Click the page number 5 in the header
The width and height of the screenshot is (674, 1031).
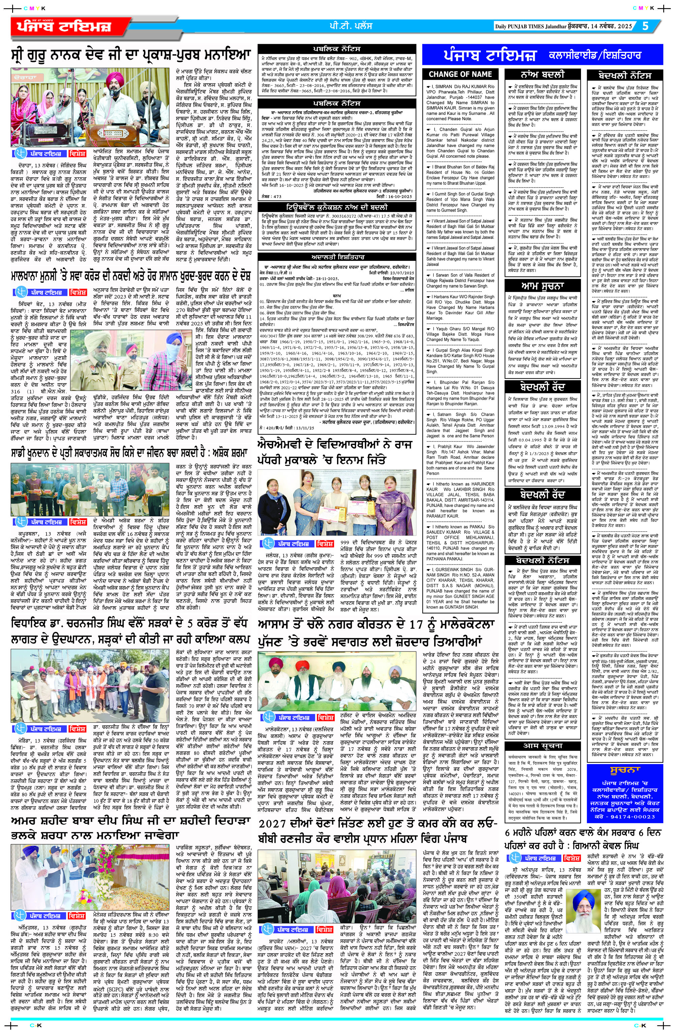(645, 26)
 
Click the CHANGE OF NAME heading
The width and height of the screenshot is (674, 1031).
(460, 74)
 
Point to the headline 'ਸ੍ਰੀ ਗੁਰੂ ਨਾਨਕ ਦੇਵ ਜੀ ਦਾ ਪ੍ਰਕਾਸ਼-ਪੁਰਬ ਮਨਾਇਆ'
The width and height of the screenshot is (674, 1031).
(131, 56)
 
